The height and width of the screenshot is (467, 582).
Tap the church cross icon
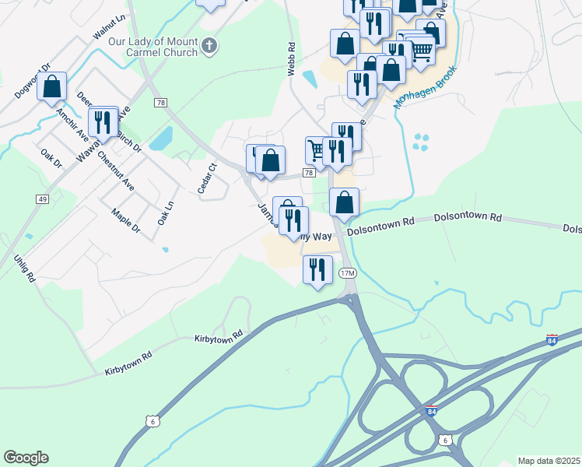(209, 47)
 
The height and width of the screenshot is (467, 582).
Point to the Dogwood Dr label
(31, 81)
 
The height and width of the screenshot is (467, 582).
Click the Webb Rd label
(291, 59)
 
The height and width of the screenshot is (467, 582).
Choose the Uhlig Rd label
(25, 267)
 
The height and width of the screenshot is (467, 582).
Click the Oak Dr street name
(51, 157)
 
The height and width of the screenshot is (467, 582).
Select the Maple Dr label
(124, 220)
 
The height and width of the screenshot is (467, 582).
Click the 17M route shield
(347, 273)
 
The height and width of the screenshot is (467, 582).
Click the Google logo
(26, 458)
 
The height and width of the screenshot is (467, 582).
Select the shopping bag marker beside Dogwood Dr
(51, 87)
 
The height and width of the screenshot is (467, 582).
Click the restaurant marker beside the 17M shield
(317, 271)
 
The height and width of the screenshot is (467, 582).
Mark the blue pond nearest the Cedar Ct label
(160, 139)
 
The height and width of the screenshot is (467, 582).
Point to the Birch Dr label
(128, 142)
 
